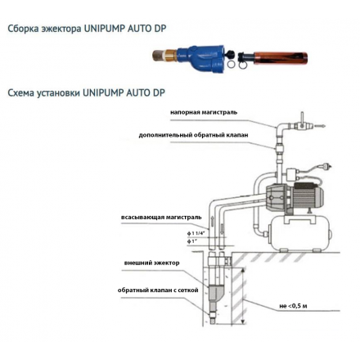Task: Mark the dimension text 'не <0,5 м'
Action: coord(292,305)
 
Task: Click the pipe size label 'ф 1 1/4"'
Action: coord(193,233)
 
